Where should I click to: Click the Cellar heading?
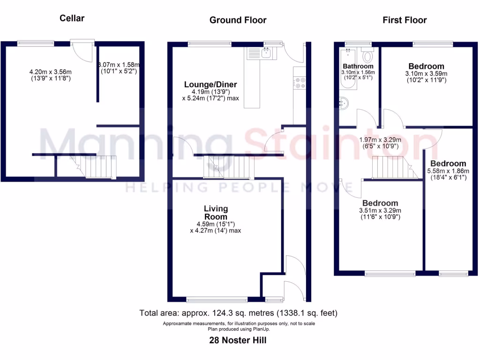click(x=72, y=18)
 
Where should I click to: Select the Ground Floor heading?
click(x=238, y=20)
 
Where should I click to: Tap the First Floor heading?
click(x=405, y=20)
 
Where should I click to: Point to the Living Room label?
click(x=216, y=212)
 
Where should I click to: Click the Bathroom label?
click(x=358, y=66)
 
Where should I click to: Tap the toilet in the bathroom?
click(x=367, y=56)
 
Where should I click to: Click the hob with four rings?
click(x=299, y=82)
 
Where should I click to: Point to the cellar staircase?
click(x=97, y=167)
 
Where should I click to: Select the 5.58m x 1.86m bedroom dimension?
click(x=448, y=174)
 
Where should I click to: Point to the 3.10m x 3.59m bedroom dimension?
click(x=426, y=77)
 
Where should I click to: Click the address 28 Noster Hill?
click(x=238, y=340)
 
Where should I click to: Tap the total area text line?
click(x=239, y=313)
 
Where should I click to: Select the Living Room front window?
click(x=217, y=299)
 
